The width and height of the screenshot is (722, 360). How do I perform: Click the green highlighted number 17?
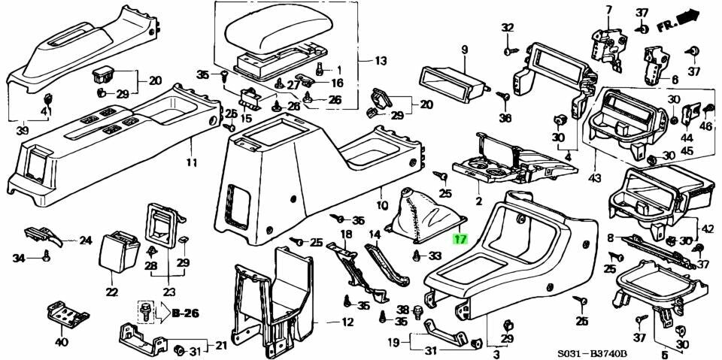[460, 241]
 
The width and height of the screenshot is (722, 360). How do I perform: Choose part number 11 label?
[192, 162]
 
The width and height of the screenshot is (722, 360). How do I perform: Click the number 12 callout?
[347, 322]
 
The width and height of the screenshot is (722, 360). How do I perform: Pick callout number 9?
[464, 50]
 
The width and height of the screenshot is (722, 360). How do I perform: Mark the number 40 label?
[61, 342]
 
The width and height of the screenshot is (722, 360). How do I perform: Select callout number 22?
[112, 292]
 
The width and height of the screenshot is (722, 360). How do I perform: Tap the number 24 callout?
[86, 241]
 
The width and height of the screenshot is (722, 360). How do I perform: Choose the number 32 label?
[508, 28]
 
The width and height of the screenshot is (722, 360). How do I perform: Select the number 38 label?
[402, 310]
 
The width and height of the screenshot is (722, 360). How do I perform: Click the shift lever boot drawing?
[425, 219]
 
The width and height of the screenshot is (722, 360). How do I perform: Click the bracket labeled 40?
[67, 315]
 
